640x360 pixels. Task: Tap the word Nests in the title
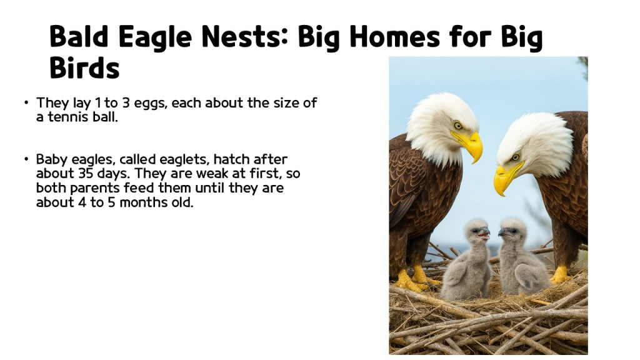pyautogui.click(x=242, y=38)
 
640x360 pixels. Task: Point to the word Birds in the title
pyautogui.click(x=84, y=67)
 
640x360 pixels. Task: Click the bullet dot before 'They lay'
pyautogui.click(x=26, y=103)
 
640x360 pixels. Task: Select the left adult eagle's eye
pyautogui.click(x=458, y=126)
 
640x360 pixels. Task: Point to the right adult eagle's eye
pyautogui.click(x=516, y=157)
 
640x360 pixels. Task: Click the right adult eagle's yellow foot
pyautogui.click(x=559, y=273)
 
